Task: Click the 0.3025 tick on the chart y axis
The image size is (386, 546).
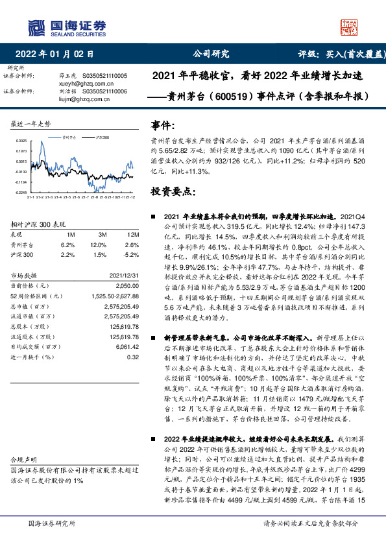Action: click(21, 141)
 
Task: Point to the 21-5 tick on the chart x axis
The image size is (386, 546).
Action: click(67, 197)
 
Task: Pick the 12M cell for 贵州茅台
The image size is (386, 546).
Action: click(133, 245)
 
